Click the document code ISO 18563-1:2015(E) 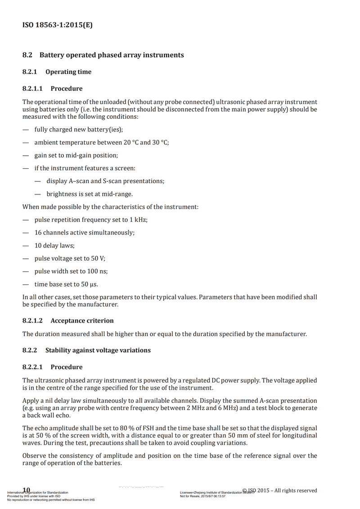[x=57, y=25]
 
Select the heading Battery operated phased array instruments [x=112, y=55]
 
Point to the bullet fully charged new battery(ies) [x=78, y=130]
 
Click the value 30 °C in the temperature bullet [x=160, y=143]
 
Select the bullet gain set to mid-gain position [x=76, y=155]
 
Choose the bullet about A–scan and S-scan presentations [x=105, y=181]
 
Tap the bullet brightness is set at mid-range [x=90, y=194]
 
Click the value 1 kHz [x=138, y=220]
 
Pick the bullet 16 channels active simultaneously [x=84, y=233]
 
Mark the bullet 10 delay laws [x=54, y=246]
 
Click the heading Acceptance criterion [x=82, y=321]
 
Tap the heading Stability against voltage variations [x=98, y=350]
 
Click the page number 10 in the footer [x=26, y=490]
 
